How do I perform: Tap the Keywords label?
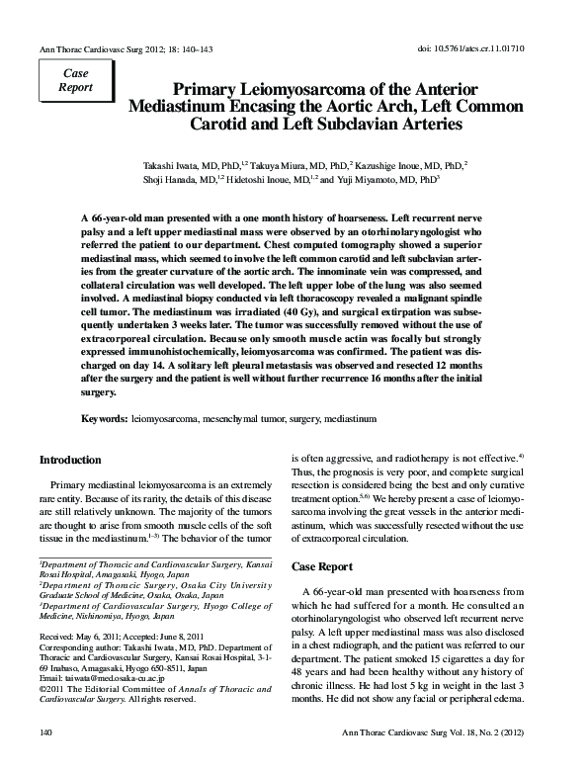(104, 419)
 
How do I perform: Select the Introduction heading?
(70, 461)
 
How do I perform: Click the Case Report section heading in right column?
(322, 566)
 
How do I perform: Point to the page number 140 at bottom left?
(44, 759)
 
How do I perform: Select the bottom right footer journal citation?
(468, 759)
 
